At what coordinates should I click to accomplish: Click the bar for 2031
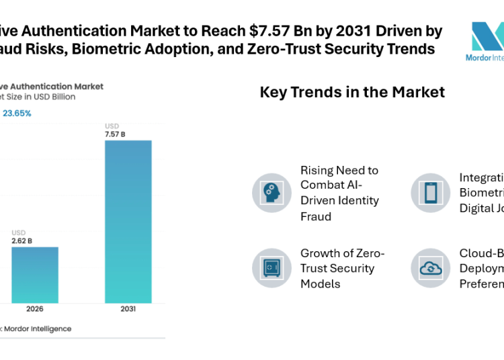[x=128, y=221]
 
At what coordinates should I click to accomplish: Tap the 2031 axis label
[x=128, y=310]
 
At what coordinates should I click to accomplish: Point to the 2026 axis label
[x=34, y=310]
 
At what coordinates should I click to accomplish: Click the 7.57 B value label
[x=115, y=134]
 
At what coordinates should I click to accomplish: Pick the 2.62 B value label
[x=22, y=240]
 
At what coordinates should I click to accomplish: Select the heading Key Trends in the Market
[x=352, y=92]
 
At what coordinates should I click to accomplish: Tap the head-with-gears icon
[x=271, y=193]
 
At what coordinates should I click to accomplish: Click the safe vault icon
[x=271, y=268]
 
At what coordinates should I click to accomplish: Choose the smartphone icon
[x=429, y=193]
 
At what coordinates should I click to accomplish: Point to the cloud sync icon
[x=429, y=268]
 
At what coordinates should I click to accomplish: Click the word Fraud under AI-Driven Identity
[x=316, y=216]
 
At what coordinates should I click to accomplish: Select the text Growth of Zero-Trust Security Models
[x=342, y=268]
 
